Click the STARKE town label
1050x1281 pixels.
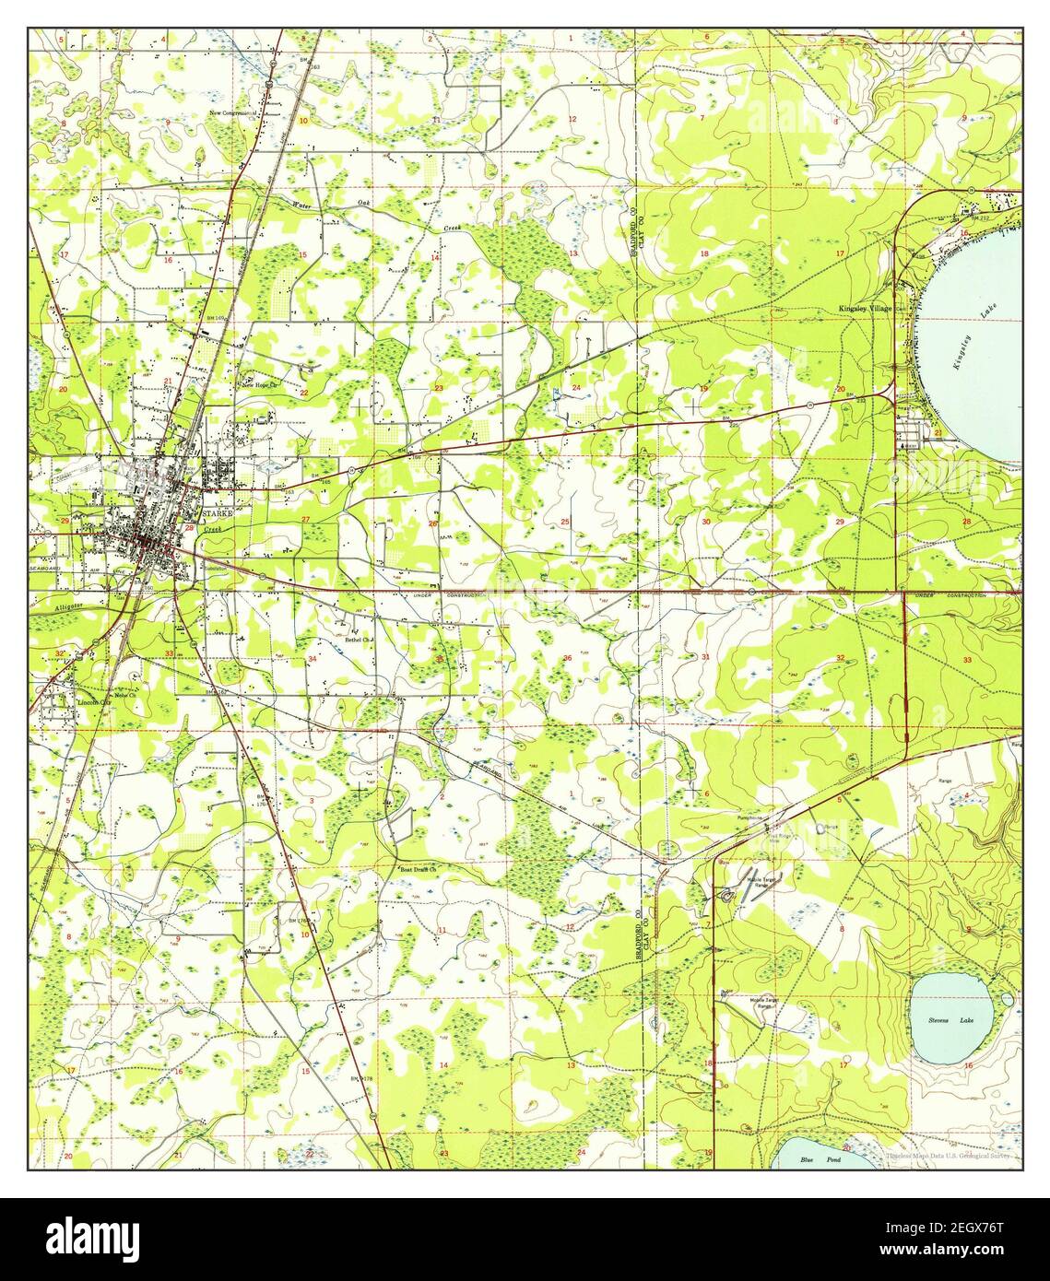point(218,511)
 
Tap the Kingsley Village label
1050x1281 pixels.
point(865,308)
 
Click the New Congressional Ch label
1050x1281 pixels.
point(238,113)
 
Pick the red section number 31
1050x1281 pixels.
point(705,656)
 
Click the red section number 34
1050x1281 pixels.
point(313,659)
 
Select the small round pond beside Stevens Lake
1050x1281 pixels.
point(1007,998)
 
